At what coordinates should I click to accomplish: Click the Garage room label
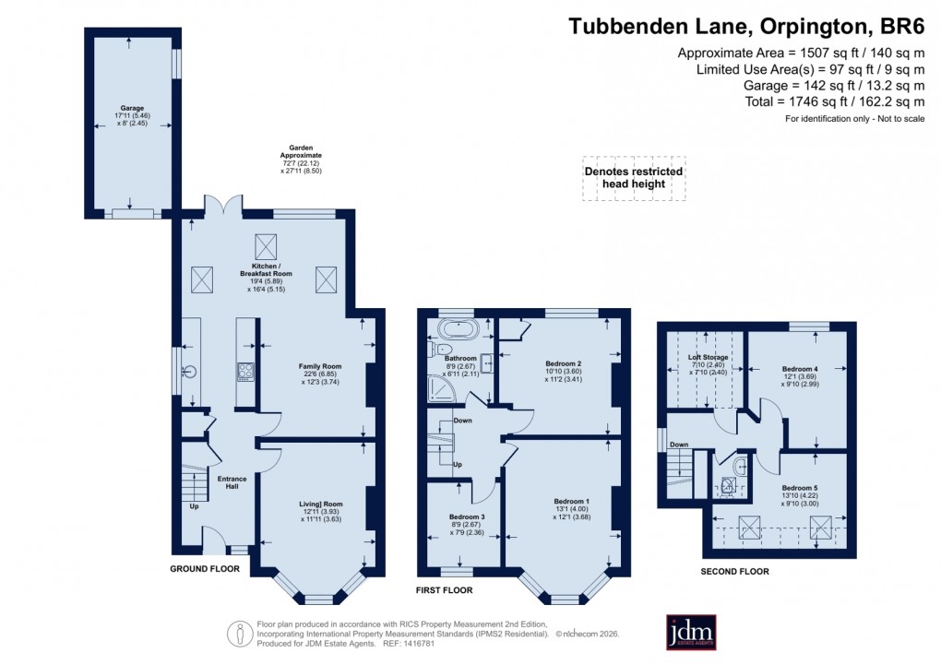129,108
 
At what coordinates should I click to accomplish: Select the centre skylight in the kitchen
268,245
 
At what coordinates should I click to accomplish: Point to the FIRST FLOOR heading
444,589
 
